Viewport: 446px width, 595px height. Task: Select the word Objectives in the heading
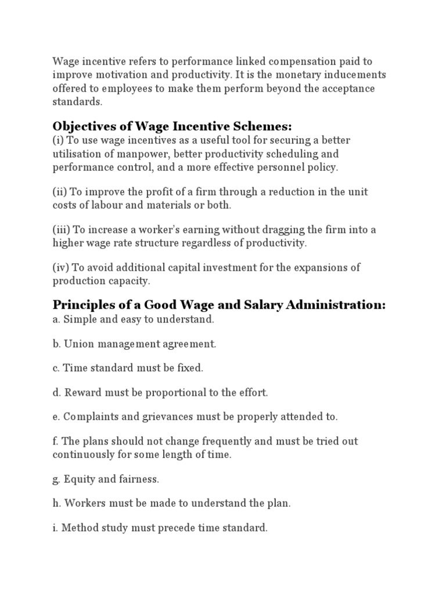point(81,126)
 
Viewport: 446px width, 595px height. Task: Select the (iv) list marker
point(62,267)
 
